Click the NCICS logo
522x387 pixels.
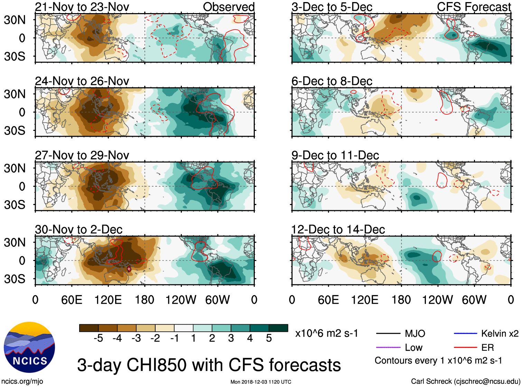29,347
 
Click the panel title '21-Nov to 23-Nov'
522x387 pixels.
82,7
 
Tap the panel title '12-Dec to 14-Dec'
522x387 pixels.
338,230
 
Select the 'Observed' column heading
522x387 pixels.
229,7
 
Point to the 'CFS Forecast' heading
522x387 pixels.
474,7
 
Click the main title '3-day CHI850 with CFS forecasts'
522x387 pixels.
209,365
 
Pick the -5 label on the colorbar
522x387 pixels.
98,338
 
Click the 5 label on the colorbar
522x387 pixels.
269,338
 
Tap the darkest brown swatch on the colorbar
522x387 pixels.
88,328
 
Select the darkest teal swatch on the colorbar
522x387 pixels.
278,328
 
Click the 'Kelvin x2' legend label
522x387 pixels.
500,333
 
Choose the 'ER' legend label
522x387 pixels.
487,348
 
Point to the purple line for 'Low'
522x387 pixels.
388,348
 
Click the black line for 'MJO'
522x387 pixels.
388,333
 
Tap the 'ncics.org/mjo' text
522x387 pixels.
22,381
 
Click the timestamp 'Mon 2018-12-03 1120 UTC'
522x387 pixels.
261,382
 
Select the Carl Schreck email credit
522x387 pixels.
465,381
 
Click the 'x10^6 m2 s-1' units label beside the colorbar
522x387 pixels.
326,333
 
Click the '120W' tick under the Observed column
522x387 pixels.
181,300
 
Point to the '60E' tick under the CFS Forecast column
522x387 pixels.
328,300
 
